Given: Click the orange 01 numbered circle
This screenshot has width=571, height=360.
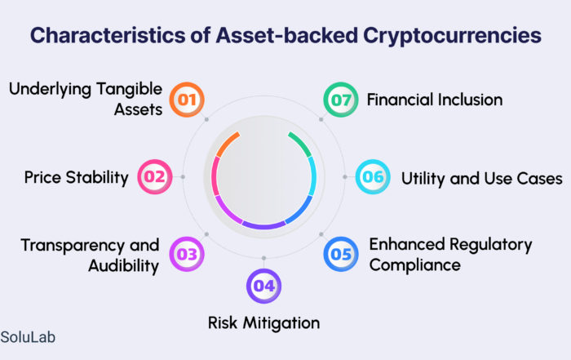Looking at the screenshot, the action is coord(187,100).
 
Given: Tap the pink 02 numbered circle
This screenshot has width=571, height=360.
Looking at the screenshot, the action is coord(155,176).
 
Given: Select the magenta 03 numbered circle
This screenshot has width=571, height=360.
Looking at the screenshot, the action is coord(187,254).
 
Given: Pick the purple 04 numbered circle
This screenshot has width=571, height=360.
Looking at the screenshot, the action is coord(264,286).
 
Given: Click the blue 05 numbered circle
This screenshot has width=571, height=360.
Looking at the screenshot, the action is coord(341,254).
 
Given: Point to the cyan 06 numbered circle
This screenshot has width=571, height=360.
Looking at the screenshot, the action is coord(373,176).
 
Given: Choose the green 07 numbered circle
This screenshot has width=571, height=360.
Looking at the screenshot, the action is coord(341,100).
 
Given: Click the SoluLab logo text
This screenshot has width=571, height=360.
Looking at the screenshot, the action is coord(28,337).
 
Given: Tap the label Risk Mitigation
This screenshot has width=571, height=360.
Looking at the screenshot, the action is coord(264,322).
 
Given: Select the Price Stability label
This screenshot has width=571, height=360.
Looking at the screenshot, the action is coord(77,177).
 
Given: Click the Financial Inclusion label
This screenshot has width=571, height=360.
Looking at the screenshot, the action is coord(435,100).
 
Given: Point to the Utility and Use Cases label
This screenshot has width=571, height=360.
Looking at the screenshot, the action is coord(482,179).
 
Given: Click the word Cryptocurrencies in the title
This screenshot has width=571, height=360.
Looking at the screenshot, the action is coord(452,36).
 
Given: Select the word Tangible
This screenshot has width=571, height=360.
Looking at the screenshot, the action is coord(129,90).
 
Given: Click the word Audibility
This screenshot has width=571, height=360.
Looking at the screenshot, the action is coord(124,266).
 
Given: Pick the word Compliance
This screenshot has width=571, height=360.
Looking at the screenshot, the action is coord(414,265).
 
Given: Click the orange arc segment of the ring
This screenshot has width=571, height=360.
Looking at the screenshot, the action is coord(227,144).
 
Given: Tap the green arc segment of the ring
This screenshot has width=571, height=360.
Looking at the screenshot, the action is coord(301,144).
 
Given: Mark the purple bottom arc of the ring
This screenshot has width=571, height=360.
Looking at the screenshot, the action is coord(264,225).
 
